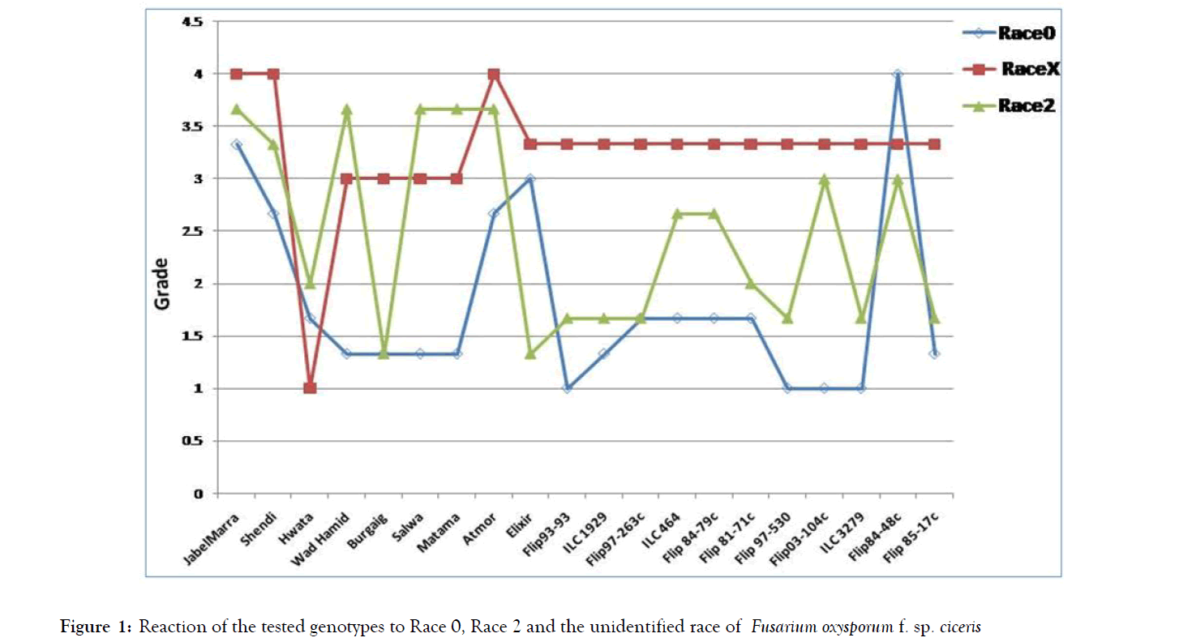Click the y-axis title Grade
pos(162,284)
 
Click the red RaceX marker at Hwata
pos(310,388)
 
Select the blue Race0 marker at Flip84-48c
pos(898,75)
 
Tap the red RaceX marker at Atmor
pos(493,75)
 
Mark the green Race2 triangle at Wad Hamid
pos(346,109)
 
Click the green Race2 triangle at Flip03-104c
pos(824,179)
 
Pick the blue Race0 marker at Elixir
pos(530,179)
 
